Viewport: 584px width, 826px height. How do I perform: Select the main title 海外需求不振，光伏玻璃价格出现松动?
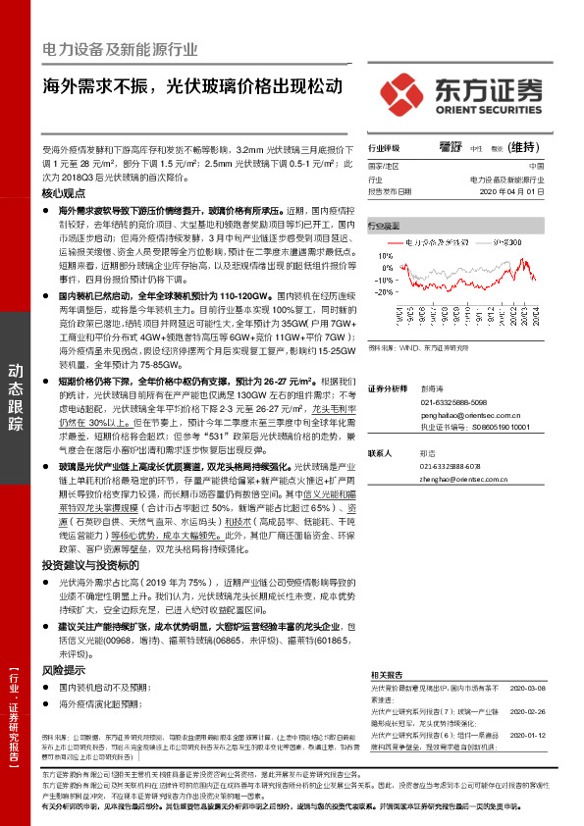[193, 85]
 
